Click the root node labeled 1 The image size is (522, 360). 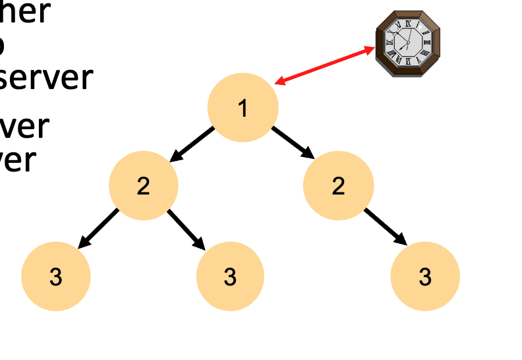[243, 107]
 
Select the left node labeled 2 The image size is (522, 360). [144, 186]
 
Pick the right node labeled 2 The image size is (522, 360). [338, 186]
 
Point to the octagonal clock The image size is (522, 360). [408, 43]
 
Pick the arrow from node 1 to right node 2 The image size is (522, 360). [293, 142]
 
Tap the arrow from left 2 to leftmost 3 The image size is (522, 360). [98, 229]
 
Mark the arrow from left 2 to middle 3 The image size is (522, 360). [187, 229]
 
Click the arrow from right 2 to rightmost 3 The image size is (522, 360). [385, 225]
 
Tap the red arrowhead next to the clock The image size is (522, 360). [369, 50]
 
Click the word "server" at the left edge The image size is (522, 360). [46, 78]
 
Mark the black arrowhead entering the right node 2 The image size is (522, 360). [307, 153]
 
